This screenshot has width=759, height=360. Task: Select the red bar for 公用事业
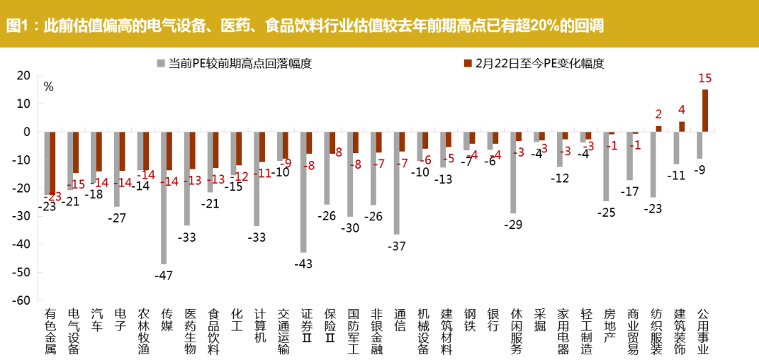(x=705, y=110)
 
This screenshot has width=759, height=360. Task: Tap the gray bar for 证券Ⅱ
(x=303, y=191)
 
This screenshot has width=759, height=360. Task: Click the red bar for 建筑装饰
(x=682, y=126)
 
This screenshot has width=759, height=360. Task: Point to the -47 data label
(x=164, y=275)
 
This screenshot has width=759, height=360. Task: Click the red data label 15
(x=704, y=79)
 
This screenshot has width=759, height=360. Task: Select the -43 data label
(x=303, y=264)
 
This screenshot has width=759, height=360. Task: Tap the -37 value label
(x=397, y=245)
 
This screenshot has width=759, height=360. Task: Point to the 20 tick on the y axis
(x=23, y=75)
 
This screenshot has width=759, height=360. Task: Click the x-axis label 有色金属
(x=50, y=331)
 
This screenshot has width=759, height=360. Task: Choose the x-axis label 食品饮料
(x=213, y=331)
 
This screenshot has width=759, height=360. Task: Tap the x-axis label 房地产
(x=609, y=325)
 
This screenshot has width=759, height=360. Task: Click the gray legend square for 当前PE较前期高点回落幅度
(x=161, y=63)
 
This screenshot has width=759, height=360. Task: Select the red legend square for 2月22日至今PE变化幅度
(x=468, y=63)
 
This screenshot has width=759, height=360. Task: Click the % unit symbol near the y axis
(x=48, y=86)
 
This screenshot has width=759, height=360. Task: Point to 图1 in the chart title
(x=19, y=27)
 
